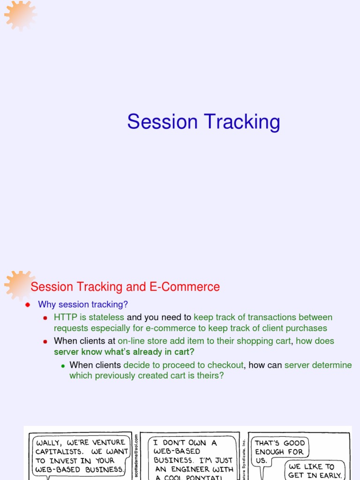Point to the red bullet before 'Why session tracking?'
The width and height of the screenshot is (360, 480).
tap(28, 305)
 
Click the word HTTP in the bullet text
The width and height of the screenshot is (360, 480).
tap(64, 317)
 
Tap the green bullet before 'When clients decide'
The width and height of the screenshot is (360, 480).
tap(62, 366)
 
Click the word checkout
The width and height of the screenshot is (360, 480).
tap(226, 365)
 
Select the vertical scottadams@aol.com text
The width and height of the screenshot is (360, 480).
tap(136, 455)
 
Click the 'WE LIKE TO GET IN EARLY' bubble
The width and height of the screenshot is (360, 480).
tap(316, 470)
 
